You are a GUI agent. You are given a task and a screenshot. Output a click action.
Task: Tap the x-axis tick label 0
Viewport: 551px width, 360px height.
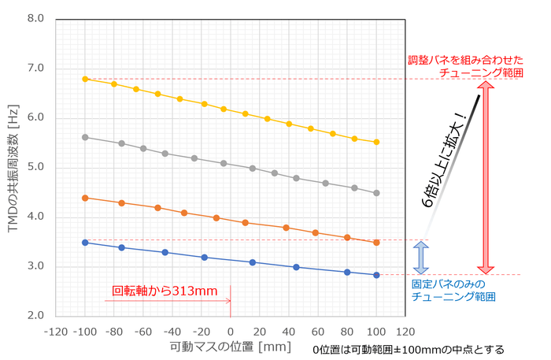231,331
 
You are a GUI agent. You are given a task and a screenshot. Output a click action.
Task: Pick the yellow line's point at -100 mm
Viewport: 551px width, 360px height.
85,79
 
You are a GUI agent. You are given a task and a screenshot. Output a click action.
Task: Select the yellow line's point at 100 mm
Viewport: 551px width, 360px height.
376,142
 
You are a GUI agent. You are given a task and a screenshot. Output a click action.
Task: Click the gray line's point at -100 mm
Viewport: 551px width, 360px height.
85,137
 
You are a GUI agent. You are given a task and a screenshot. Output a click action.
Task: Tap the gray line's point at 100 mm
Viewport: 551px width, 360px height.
376,193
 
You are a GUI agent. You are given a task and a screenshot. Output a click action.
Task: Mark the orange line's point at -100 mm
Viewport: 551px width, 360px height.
85,198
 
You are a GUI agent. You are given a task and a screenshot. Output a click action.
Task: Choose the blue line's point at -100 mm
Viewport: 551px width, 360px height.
85,243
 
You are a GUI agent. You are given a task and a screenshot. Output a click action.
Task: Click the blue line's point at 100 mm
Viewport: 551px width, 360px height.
376,275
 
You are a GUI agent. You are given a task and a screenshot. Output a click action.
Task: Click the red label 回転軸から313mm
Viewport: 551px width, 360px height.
165,291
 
